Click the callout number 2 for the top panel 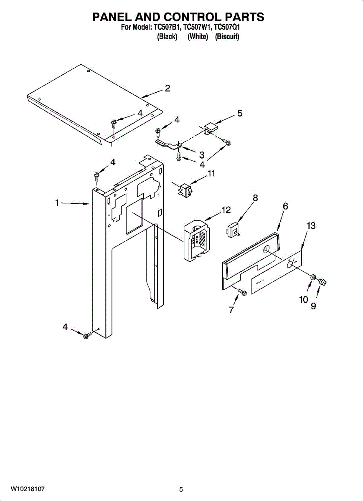click(167, 88)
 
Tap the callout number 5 click(240, 113)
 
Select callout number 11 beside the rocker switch click(211, 173)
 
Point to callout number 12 click(226, 210)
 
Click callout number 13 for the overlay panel click(310, 226)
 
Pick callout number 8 click(255, 198)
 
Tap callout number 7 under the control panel click(231, 309)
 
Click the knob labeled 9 click(322, 283)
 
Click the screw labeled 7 click(241, 293)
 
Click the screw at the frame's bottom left click(87, 335)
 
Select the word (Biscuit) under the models click(227, 37)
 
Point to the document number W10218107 click(28, 488)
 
